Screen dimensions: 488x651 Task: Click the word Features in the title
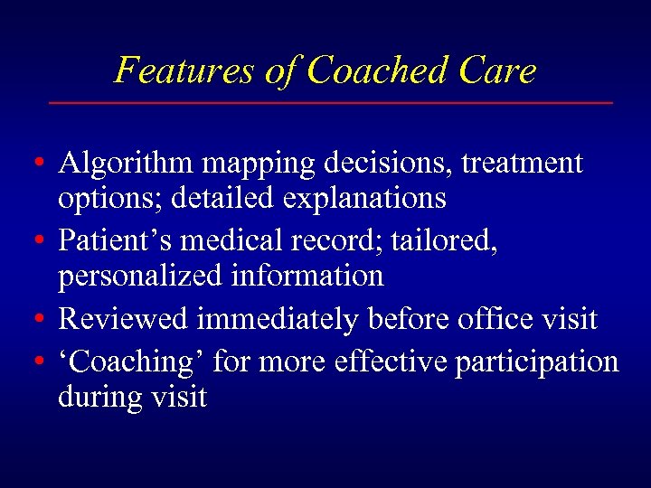[184, 70]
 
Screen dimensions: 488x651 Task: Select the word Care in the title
[499, 70]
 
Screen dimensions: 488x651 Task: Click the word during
[101, 397]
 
